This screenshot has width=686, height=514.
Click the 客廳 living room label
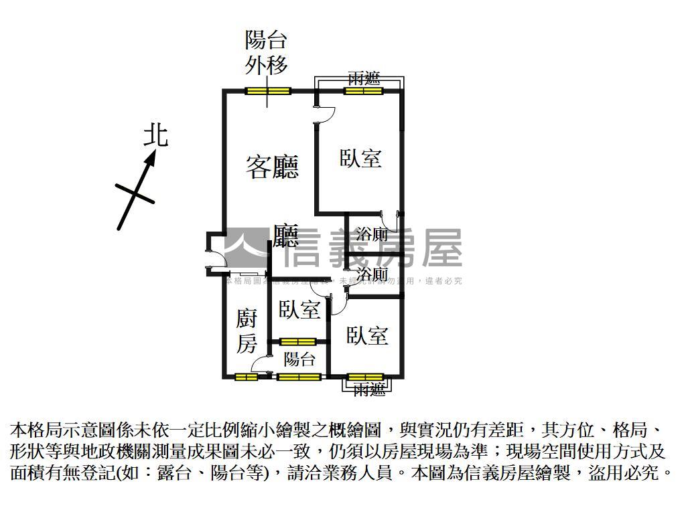[272, 167]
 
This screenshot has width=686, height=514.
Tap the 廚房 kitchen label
[247, 331]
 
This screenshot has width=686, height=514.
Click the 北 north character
[156, 135]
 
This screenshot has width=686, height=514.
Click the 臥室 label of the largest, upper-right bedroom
[360, 159]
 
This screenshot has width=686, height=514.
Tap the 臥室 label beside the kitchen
[299, 310]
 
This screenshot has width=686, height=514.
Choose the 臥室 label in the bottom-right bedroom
[367, 335]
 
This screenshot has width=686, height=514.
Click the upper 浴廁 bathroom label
[372, 234]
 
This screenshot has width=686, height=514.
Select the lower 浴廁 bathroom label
[372, 274]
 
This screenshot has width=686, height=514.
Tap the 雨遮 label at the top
[364, 78]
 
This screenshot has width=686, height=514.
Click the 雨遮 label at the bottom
[369, 389]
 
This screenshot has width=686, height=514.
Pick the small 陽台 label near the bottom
[299, 359]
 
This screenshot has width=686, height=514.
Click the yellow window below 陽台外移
[267, 91]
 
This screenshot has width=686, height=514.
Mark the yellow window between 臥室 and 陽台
[298, 343]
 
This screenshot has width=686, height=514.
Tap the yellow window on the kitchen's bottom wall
[247, 377]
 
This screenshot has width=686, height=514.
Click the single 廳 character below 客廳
[285, 235]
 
